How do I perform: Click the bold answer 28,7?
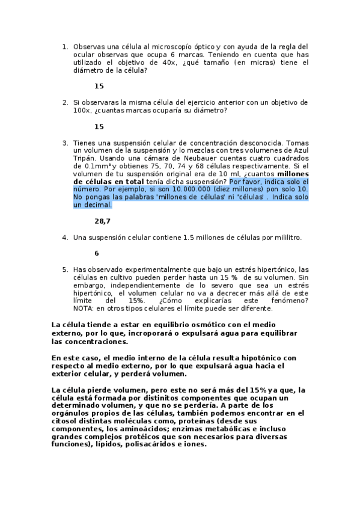coord(102,221)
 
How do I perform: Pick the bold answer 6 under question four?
coord(97,253)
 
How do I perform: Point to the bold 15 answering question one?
coord(99,86)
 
